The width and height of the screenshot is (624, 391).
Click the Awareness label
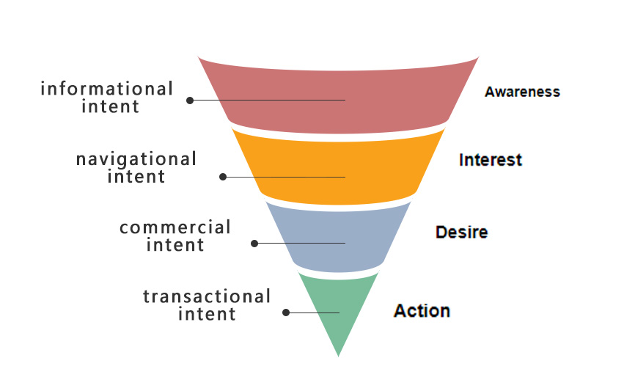522,92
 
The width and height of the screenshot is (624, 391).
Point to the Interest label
490,160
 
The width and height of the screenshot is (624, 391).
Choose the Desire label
461,233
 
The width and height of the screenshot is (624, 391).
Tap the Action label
422,311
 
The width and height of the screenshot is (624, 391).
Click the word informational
107,89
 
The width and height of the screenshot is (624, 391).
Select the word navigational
136,159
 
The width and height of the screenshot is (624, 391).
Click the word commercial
175,227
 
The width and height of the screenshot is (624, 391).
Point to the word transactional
207,297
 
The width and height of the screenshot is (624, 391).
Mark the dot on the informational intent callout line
190,101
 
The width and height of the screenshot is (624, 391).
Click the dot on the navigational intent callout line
223,177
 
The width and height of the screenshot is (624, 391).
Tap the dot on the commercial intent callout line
254,243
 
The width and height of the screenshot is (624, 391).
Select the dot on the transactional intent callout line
286,313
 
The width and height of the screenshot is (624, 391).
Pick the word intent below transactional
208,315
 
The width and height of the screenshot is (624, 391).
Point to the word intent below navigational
136,177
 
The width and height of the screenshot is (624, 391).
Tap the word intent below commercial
175,245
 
